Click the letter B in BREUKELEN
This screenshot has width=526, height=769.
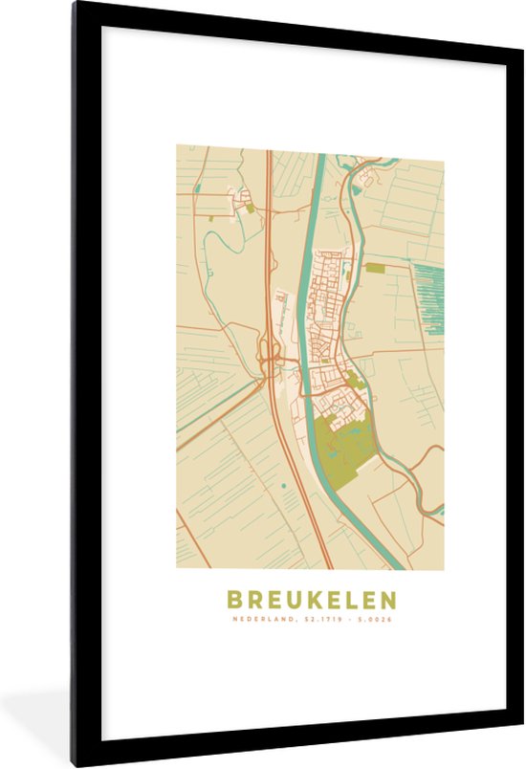(x=234, y=600)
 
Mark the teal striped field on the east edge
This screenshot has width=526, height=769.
(x=428, y=297)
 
